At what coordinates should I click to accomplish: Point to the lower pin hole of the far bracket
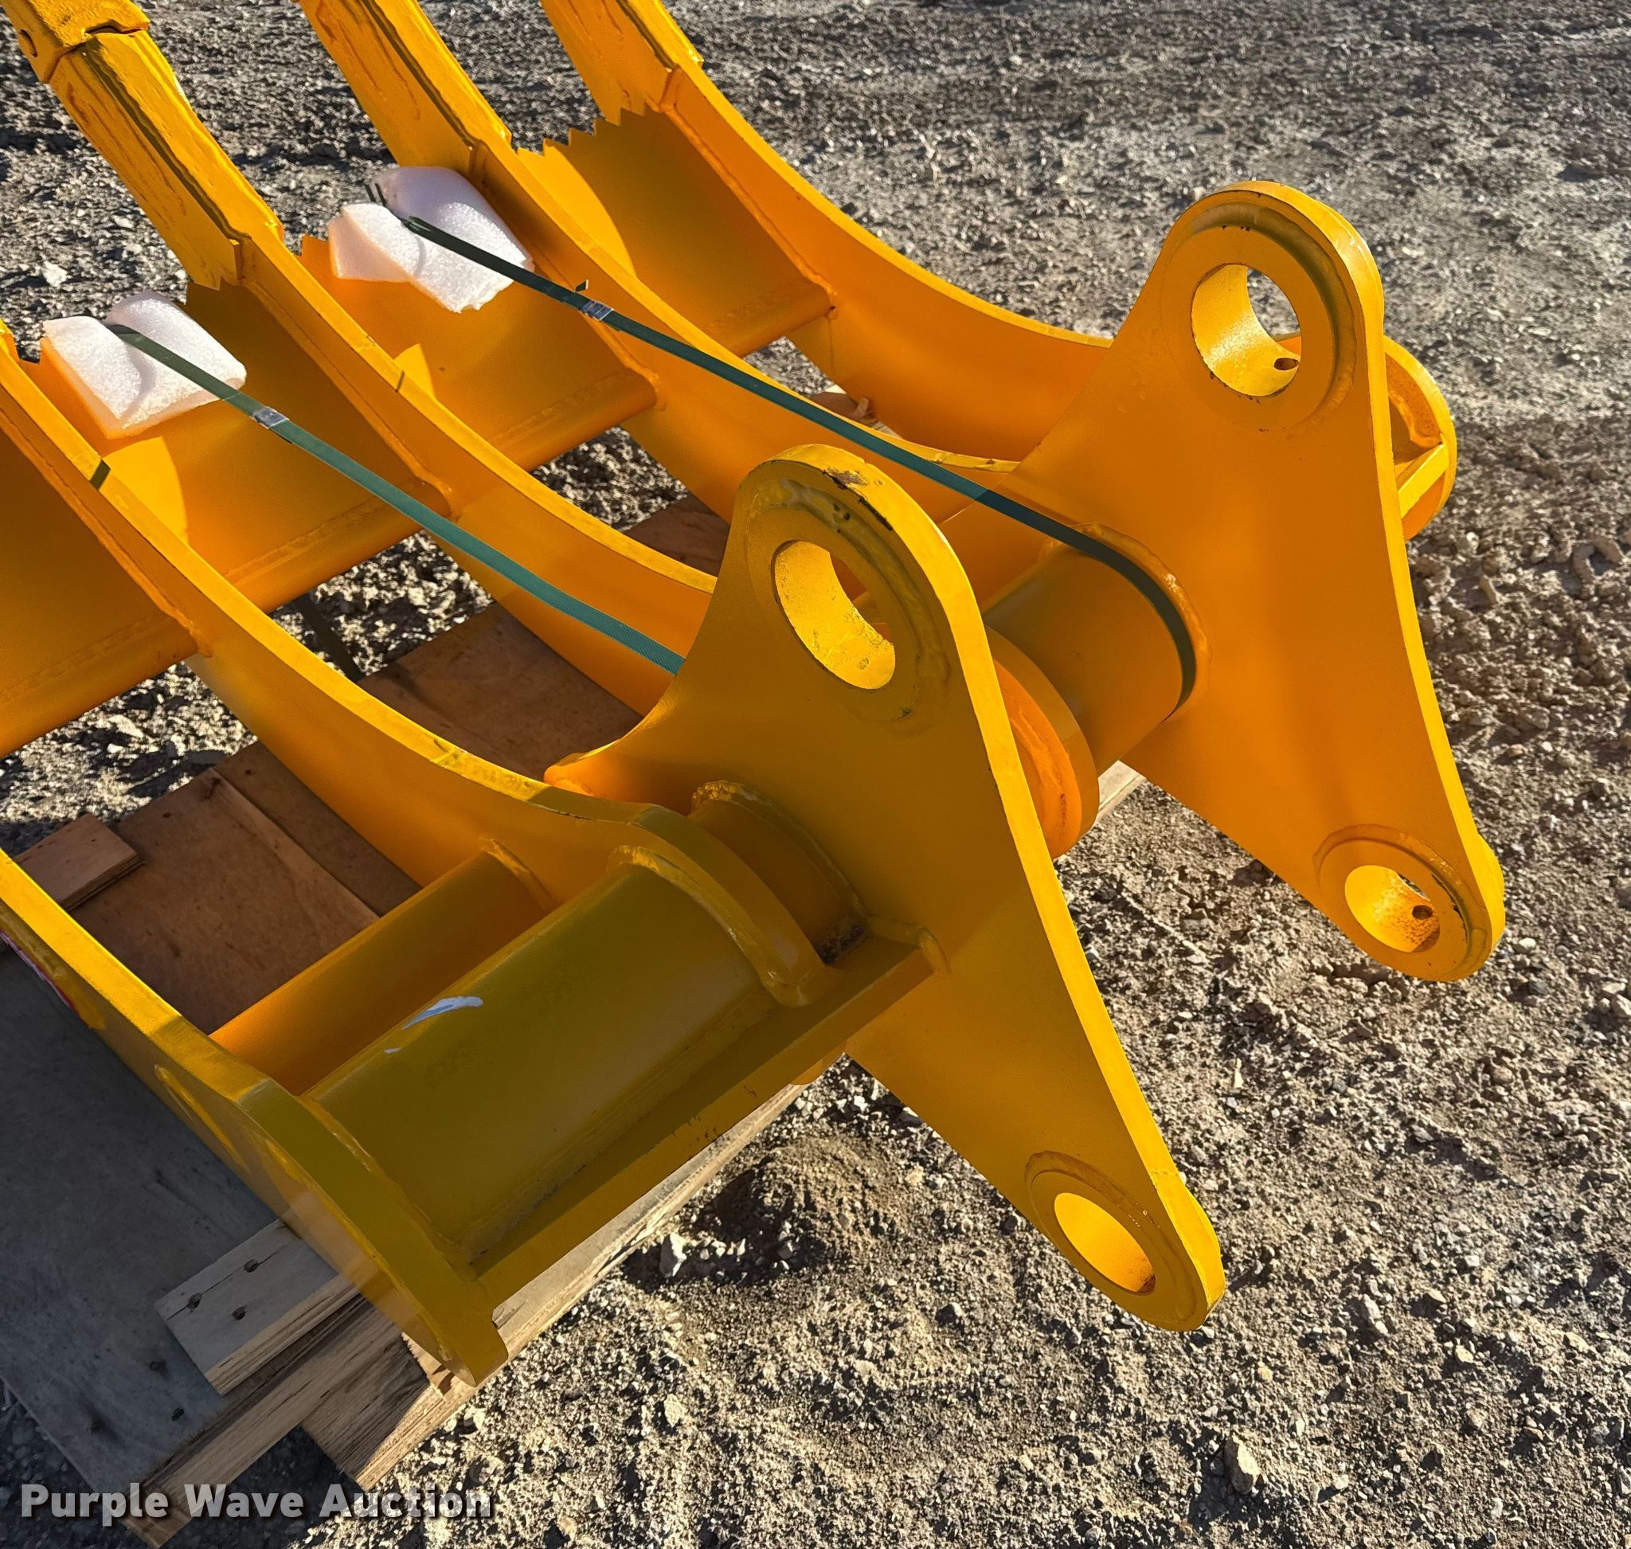coord(1391,916)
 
